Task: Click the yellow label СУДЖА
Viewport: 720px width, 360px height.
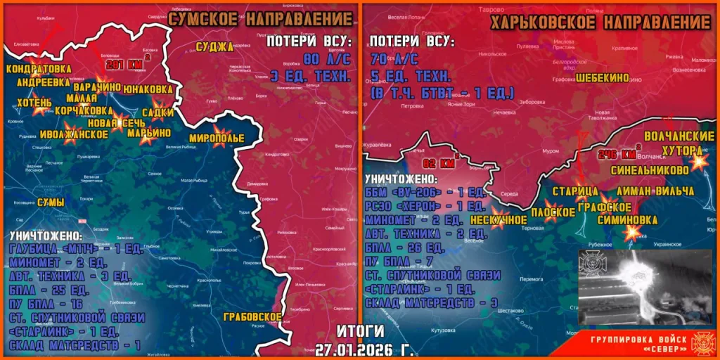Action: [x=216, y=47]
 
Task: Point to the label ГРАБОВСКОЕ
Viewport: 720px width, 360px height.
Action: [x=252, y=317]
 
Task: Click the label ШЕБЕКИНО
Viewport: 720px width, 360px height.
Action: [x=602, y=79]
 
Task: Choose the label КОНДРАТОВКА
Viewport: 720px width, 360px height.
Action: [x=38, y=69]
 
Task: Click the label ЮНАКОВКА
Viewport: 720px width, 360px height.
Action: [x=147, y=89]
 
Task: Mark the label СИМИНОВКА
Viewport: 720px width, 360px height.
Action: [x=627, y=220]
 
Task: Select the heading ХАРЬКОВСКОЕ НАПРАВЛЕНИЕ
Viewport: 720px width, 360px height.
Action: [x=600, y=22]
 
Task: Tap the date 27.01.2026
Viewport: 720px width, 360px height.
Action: [x=360, y=347]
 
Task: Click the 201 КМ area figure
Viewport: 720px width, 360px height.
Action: [x=124, y=65]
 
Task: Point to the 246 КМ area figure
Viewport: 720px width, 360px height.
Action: [x=615, y=154]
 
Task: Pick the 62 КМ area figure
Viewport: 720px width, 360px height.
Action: [x=446, y=165]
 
